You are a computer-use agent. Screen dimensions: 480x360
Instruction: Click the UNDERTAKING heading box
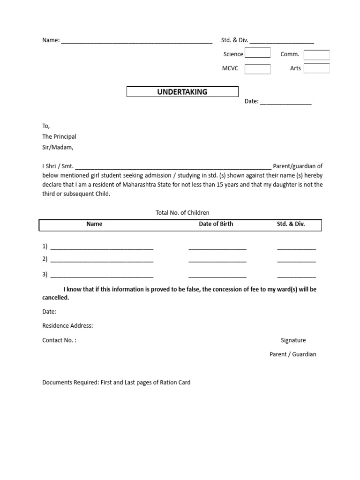(x=182, y=92)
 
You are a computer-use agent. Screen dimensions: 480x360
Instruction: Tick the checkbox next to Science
(x=257, y=52)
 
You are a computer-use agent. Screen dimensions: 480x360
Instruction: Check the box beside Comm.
(x=316, y=55)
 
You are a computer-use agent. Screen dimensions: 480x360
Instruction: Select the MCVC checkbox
(x=257, y=69)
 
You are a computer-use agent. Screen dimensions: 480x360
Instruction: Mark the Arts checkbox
(x=316, y=68)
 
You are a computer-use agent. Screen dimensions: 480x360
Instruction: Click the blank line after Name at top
(x=136, y=41)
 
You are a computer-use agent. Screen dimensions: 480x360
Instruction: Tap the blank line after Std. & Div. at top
(x=282, y=41)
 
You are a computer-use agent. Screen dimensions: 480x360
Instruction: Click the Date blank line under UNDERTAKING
(x=285, y=102)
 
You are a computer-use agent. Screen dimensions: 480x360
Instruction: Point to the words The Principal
(x=59, y=136)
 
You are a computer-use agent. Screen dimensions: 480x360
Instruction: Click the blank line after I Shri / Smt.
(x=173, y=167)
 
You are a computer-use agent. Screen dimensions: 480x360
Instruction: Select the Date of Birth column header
(x=216, y=224)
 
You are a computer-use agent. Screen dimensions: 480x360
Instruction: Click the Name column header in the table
(x=94, y=224)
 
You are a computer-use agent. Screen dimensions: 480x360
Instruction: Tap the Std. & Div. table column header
(x=291, y=224)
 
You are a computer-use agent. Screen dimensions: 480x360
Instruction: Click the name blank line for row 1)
(x=102, y=247)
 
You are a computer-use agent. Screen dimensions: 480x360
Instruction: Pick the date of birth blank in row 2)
(x=217, y=260)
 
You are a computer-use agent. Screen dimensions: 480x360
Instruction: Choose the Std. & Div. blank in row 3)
(x=296, y=276)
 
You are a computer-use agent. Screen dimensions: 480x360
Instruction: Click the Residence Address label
(x=67, y=326)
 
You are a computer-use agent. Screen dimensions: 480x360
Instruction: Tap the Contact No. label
(x=59, y=340)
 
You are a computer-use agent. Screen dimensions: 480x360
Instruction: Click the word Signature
(x=293, y=340)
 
